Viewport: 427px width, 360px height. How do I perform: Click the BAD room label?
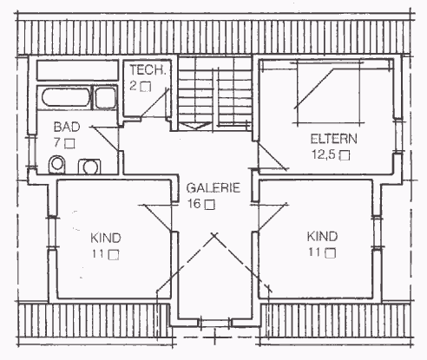67,128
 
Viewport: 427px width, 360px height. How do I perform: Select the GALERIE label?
213,188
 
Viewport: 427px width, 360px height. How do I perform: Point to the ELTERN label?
333,139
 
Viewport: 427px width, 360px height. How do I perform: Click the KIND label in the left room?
106,238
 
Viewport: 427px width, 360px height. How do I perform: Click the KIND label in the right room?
322,237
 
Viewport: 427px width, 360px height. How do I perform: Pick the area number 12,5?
323,154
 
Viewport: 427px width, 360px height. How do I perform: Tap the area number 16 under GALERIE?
194,204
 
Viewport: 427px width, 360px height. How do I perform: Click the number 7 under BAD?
57,142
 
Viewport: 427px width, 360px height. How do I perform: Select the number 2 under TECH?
133,86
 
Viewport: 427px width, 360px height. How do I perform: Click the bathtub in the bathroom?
66,97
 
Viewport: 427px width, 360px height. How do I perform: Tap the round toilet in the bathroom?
56,164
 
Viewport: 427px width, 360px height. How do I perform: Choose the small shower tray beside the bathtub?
106,98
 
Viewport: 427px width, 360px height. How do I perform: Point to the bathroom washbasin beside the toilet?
89,167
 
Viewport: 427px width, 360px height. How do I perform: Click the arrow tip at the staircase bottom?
195,128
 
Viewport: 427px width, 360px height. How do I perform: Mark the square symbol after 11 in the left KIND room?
114,255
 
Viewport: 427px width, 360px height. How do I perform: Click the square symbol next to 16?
210,205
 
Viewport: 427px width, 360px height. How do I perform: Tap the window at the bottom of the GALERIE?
214,323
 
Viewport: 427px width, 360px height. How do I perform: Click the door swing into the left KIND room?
155,218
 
